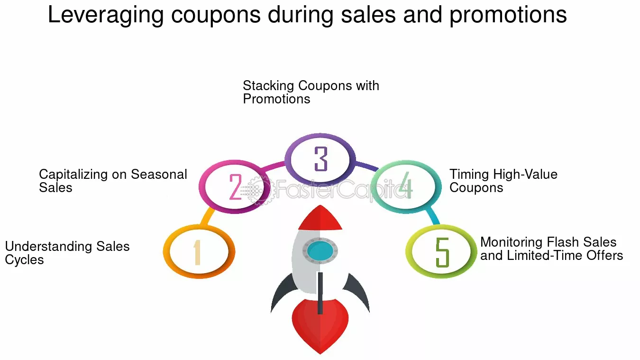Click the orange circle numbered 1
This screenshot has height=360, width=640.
click(x=199, y=251)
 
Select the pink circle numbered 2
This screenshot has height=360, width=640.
click(x=235, y=186)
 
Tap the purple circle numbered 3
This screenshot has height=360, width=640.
click(x=320, y=159)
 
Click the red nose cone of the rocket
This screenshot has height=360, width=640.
click(x=320, y=219)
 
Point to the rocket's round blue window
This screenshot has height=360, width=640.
click(x=320, y=249)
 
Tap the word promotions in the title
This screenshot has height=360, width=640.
click(x=508, y=15)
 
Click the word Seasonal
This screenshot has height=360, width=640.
click(x=159, y=175)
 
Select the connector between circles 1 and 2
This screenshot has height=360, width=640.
click(x=207, y=216)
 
